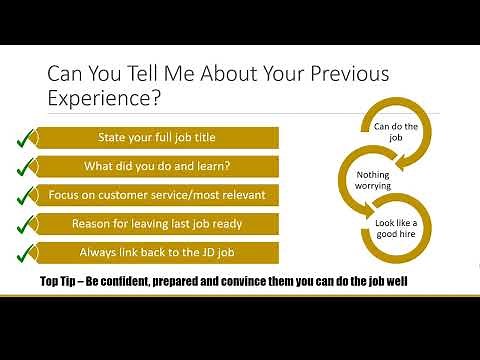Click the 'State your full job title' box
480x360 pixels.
(x=158, y=137)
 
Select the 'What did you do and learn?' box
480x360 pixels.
(x=158, y=165)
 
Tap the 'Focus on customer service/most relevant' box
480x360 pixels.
(x=158, y=194)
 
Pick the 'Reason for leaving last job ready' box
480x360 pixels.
(x=158, y=222)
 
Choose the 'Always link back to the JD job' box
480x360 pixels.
(x=158, y=250)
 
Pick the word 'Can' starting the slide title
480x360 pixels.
(x=67, y=75)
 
